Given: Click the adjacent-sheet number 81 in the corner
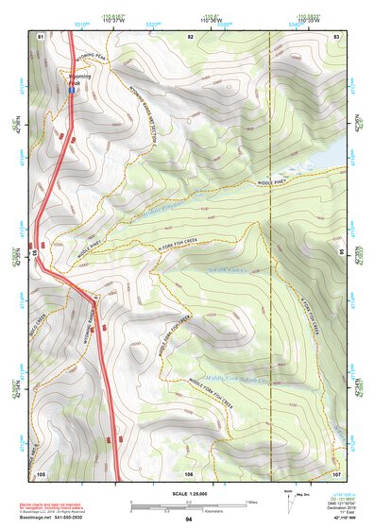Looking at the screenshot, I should (x=41, y=36).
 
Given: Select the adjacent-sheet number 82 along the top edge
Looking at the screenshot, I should (x=190, y=36).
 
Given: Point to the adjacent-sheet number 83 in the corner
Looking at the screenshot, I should (x=336, y=36).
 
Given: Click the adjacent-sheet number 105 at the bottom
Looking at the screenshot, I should (x=41, y=472).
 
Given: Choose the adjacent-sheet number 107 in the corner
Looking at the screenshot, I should (x=336, y=472).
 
